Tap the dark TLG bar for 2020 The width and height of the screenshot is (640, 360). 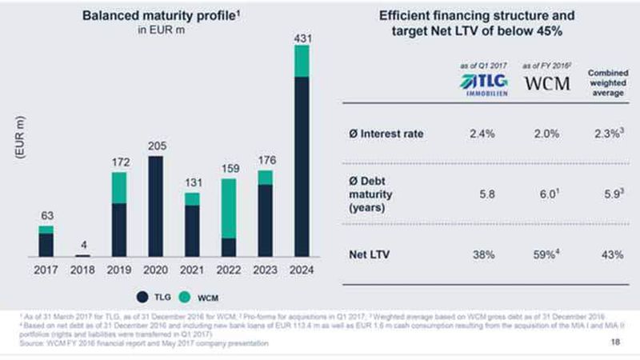click(155, 206)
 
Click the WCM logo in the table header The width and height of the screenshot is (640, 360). click(546, 82)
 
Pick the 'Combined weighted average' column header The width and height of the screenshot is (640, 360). click(607, 82)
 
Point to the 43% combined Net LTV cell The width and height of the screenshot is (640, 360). click(607, 255)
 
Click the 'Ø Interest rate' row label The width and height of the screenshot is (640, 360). click(386, 134)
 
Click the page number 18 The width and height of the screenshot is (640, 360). click(614, 342)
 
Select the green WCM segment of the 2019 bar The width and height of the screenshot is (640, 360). click(118, 187)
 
